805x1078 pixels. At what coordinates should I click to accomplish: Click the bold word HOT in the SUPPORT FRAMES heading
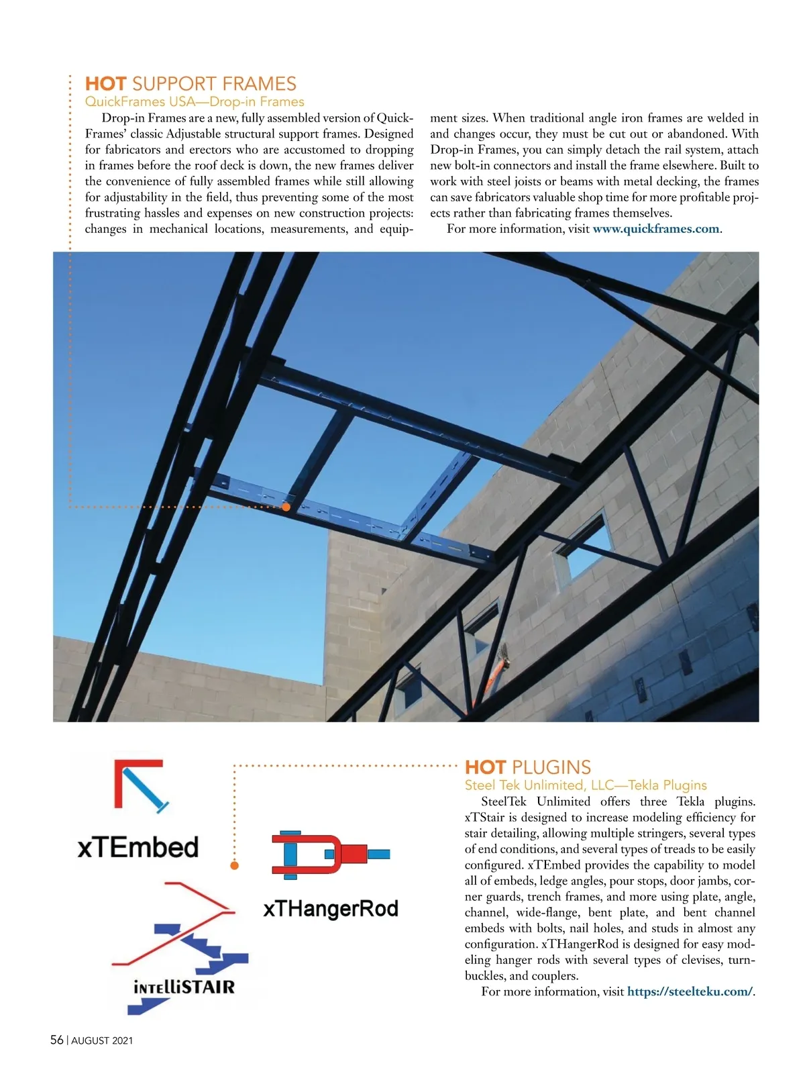click(x=105, y=84)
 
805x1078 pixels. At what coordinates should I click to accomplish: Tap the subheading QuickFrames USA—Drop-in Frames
click(x=195, y=102)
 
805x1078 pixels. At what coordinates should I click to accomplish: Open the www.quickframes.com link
click(x=655, y=229)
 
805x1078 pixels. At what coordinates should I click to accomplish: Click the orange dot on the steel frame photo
click(x=286, y=507)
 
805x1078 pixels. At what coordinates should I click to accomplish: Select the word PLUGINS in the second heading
click(x=551, y=767)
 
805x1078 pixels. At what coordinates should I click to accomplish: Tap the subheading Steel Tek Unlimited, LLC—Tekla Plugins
click(x=586, y=785)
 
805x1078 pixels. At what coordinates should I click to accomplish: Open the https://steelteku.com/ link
click(x=690, y=991)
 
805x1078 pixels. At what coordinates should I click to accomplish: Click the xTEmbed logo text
click(x=138, y=847)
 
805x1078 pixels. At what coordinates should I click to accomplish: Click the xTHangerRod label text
click(x=331, y=909)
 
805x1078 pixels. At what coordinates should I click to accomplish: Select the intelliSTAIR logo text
click(x=184, y=987)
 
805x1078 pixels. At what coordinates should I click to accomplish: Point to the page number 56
click(x=57, y=1040)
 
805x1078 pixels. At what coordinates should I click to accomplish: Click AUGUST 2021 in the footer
click(x=102, y=1040)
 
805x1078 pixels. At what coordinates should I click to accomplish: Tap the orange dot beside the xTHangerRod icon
click(x=234, y=865)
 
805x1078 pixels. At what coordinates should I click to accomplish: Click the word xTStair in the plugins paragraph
click(x=484, y=818)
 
